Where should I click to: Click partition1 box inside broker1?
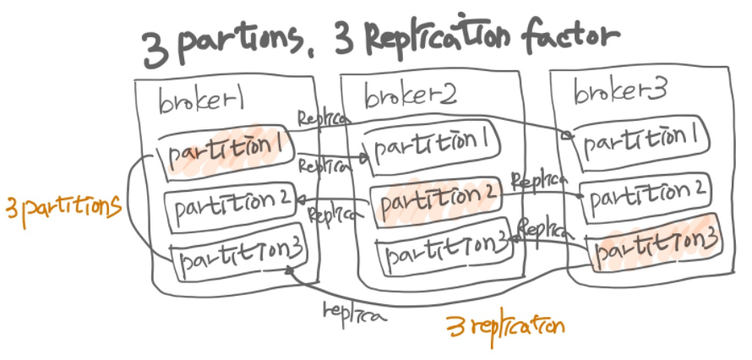(226, 150)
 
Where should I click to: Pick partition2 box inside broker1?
(228, 202)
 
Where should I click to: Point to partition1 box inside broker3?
(640, 140)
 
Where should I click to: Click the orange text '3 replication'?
(505, 325)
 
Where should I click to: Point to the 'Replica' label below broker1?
(354, 312)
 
